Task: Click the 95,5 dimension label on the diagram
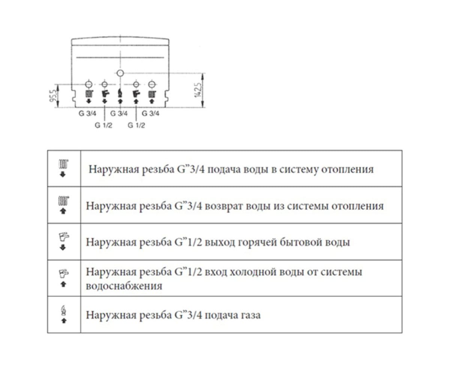tap(54, 96)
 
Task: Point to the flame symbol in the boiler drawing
tap(120, 93)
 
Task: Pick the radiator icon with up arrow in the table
tap(63, 205)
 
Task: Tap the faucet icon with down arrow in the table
tap(63, 241)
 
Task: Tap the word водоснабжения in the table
tap(124, 286)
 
